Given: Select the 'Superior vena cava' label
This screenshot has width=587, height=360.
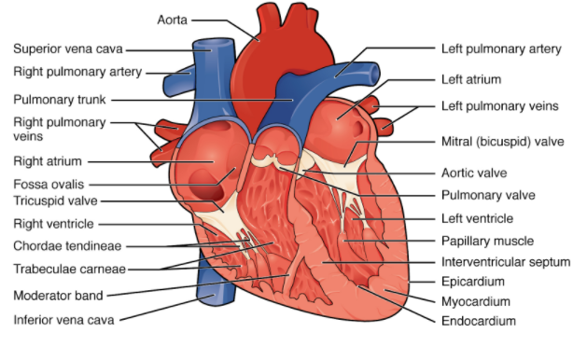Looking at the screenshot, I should [67, 49].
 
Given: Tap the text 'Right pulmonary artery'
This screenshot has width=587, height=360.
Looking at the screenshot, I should [77, 71].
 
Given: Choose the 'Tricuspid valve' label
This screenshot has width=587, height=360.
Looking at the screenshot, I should [56, 201].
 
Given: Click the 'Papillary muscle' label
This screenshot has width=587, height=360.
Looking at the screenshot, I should [486, 241].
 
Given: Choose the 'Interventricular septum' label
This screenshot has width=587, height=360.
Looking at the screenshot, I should [505, 262].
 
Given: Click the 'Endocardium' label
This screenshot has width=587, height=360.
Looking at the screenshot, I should [478, 321].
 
